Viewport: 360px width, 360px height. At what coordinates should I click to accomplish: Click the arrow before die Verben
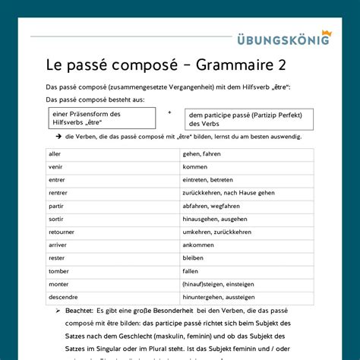tap(58, 137)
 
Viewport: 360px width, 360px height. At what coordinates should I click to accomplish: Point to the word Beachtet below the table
tap(80, 311)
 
